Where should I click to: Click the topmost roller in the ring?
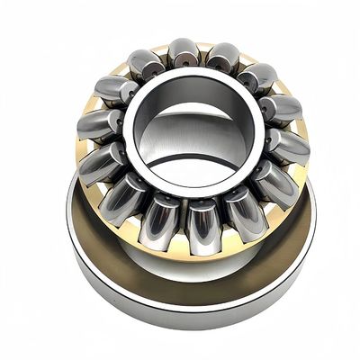click(x=183, y=53)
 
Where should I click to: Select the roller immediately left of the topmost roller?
click(x=146, y=63)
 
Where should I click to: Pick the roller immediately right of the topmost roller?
click(x=221, y=58)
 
